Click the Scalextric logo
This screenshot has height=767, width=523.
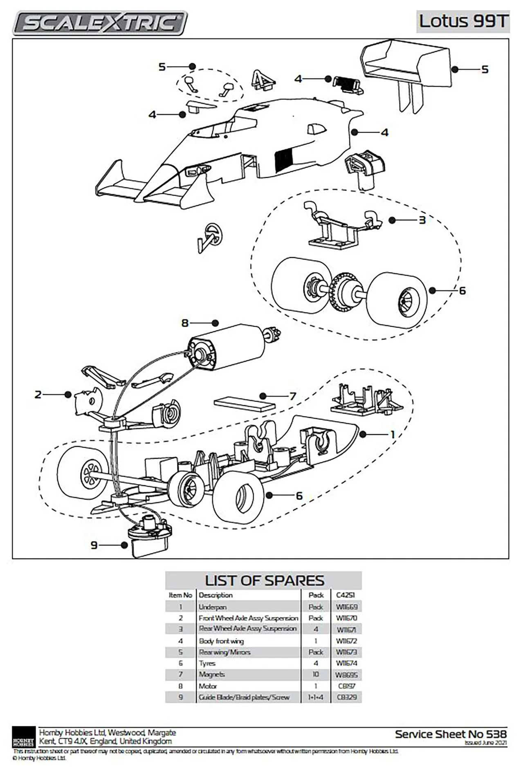click(x=100, y=22)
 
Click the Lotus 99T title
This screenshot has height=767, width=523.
click(x=463, y=21)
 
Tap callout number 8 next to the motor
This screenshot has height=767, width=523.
click(x=185, y=323)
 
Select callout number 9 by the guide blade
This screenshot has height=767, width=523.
click(x=94, y=545)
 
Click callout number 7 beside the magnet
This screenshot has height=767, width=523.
click(x=292, y=396)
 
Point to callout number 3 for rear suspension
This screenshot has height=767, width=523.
click(x=422, y=220)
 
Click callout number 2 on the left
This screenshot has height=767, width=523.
click(x=38, y=395)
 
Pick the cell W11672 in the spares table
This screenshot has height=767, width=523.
click(x=346, y=641)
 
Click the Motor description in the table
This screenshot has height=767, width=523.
click(x=208, y=686)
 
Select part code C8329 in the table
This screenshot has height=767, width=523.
click(x=346, y=697)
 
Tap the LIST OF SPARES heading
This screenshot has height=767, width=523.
click(x=264, y=580)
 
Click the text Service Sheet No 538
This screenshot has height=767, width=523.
click(x=451, y=734)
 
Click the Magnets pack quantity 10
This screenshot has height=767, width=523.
click(x=316, y=675)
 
